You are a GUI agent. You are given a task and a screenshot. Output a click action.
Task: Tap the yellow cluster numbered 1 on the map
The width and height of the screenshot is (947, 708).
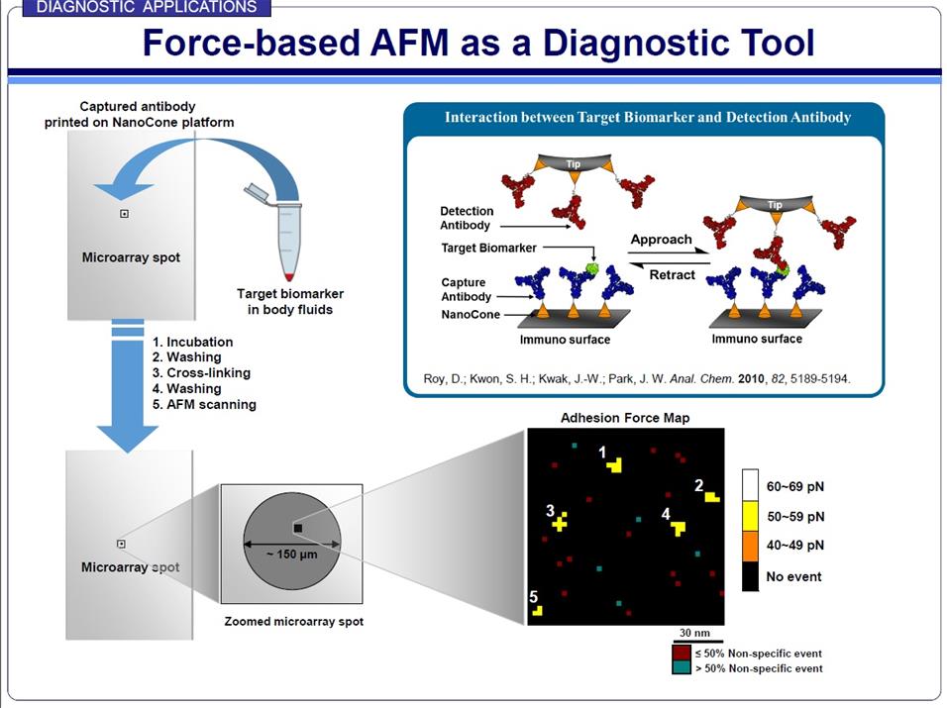point(615,464)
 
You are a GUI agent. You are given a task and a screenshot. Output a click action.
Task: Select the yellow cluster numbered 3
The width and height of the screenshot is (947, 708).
point(560,522)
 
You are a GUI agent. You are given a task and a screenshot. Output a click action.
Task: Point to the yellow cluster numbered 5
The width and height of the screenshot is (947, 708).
point(537,610)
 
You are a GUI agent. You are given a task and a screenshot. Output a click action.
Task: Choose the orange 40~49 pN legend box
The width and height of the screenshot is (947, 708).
point(750,545)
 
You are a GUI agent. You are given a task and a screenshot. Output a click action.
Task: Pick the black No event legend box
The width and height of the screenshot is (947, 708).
point(750,575)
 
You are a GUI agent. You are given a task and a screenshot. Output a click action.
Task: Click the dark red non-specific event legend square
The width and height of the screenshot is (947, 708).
point(680,653)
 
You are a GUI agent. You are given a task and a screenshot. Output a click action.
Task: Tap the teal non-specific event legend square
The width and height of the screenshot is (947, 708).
point(680,667)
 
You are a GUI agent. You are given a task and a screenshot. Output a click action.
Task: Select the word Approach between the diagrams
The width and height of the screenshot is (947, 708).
point(661,240)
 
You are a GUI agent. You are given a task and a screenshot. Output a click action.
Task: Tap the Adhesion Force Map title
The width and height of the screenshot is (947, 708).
point(625,418)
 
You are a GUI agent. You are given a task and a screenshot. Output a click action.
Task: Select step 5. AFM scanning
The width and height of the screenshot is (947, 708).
point(204,404)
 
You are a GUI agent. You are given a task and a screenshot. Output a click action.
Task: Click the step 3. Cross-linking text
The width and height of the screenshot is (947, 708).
point(201,372)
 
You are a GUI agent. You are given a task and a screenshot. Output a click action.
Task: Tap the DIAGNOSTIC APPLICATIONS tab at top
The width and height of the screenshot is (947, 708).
point(146,8)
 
